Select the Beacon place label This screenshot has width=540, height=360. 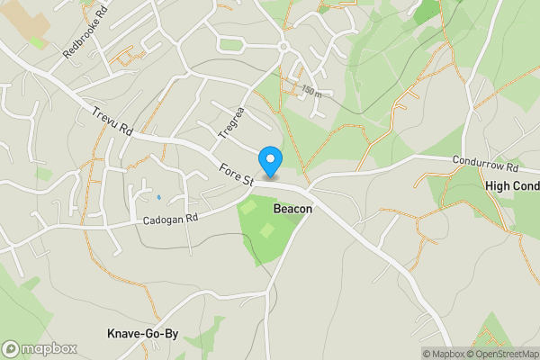(x=292, y=209)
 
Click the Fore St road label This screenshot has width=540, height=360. (x=236, y=172)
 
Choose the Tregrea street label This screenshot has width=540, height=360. (x=231, y=124)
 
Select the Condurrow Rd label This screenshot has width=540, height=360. (x=486, y=166)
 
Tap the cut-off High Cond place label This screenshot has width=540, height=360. (x=511, y=186)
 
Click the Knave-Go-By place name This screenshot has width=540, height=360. (x=142, y=334)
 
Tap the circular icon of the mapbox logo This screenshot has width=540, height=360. (x=12, y=348)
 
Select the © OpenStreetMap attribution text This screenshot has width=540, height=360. (x=503, y=354)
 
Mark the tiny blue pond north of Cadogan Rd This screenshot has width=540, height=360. (x=158, y=197)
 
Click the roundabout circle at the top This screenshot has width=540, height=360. (x=283, y=46)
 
